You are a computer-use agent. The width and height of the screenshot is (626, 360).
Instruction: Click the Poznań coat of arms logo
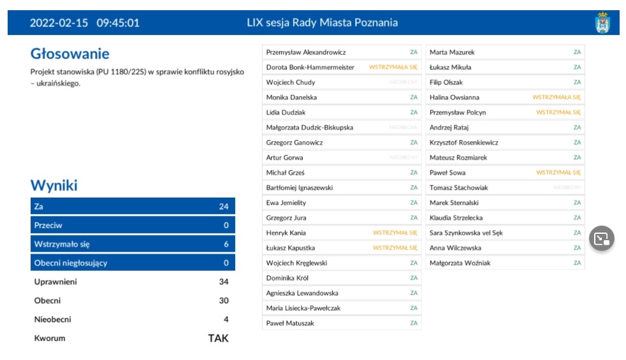[x=602, y=23]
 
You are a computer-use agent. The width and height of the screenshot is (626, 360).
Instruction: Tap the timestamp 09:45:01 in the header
[x=118, y=23]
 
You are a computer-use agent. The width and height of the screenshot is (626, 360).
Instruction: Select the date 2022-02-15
[x=59, y=23]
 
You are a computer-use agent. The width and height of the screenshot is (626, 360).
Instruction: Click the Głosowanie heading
[x=69, y=54]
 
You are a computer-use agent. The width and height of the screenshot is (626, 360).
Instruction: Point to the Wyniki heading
[x=54, y=186]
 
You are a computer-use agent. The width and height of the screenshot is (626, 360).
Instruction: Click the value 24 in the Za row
[x=223, y=206]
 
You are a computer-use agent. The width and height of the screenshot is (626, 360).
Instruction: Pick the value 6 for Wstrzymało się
[x=225, y=244]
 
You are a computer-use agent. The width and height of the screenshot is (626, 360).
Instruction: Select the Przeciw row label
[x=48, y=226]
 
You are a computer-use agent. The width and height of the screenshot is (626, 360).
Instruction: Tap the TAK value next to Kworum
[x=218, y=338]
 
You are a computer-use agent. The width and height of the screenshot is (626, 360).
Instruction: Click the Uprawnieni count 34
[x=222, y=282]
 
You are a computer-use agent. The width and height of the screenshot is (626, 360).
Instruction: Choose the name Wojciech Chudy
[x=290, y=82]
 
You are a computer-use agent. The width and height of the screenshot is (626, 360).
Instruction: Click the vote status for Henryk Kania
[x=395, y=233]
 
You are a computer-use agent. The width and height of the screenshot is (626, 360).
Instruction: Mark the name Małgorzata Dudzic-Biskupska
[x=309, y=127]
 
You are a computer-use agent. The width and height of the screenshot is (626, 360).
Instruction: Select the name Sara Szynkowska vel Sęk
[x=466, y=233]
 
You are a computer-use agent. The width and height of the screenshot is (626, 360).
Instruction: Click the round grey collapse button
[x=602, y=238]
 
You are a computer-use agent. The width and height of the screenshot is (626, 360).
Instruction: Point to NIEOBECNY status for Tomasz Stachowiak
[x=567, y=188]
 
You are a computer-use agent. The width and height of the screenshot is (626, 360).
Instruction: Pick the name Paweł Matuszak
[x=290, y=324]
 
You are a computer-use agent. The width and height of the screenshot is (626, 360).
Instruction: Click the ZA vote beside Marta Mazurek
[x=577, y=52]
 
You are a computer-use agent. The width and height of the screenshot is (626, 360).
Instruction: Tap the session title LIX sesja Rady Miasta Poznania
[x=322, y=23]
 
